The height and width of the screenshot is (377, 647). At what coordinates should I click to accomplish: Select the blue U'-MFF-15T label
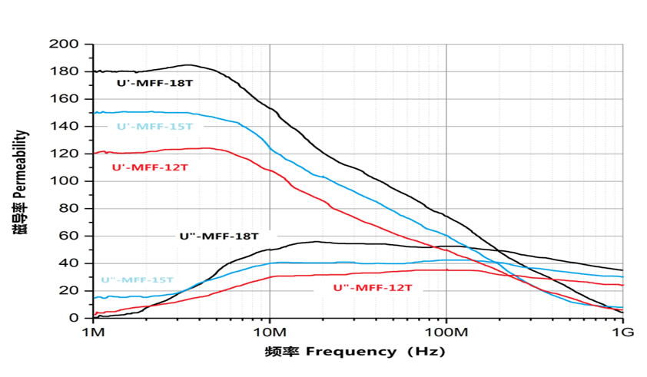pyautogui.click(x=154, y=127)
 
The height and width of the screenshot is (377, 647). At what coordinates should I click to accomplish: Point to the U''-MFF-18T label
pyautogui.click(x=219, y=236)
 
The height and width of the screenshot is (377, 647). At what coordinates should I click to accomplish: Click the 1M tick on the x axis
pyautogui.click(x=93, y=332)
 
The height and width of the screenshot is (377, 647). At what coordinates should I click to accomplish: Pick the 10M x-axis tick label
pyautogui.click(x=270, y=332)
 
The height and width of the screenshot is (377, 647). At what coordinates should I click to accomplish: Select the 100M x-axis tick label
pyautogui.click(x=446, y=332)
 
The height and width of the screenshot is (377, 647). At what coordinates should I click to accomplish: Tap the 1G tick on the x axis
pyautogui.click(x=622, y=332)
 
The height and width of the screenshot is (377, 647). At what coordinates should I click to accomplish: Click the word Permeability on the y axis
pyautogui.click(x=22, y=167)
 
